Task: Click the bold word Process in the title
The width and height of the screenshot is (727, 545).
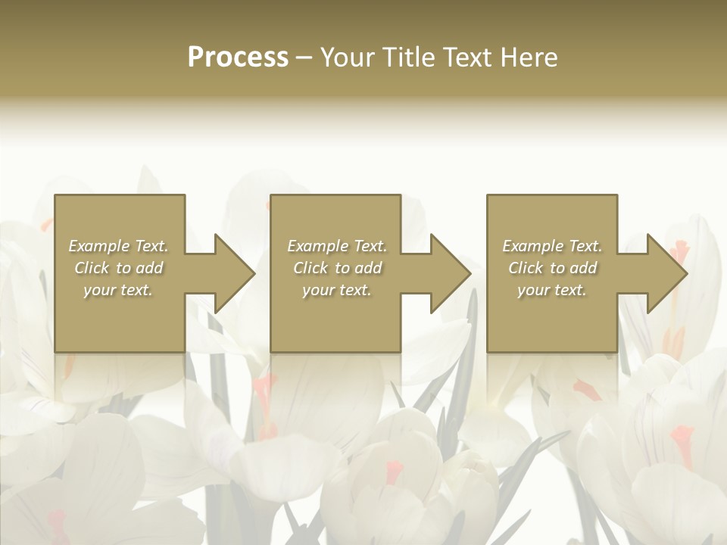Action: [x=238, y=58]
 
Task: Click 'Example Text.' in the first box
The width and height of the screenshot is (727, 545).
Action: [x=119, y=246]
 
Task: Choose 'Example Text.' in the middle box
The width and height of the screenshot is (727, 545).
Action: [x=337, y=246]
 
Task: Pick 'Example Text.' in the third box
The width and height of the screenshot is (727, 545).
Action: [x=552, y=246]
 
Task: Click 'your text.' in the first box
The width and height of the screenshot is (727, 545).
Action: [x=118, y=290]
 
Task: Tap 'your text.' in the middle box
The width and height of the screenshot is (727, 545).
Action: [x=337, y=290]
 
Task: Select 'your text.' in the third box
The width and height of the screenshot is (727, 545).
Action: [x=552, y=290]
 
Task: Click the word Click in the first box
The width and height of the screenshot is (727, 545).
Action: [x=92, y=268]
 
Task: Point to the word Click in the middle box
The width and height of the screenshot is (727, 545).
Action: [x=310, y=268]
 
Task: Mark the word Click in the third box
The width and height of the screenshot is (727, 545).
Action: [x=526, y=268]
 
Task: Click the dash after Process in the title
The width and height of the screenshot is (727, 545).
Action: [x=304, y=58]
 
